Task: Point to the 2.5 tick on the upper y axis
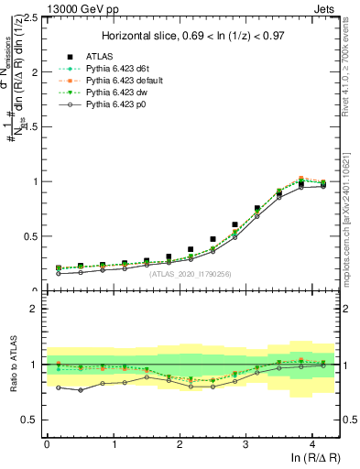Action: coord(33,17)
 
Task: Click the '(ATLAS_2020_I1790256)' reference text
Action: coord(191,273)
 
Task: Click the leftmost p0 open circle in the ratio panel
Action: coord(59,387)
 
